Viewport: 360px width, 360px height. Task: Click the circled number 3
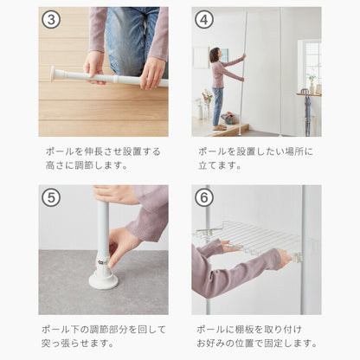tap(51, 19)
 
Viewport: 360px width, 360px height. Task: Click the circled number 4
tap(204, 19)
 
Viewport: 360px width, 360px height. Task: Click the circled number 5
tap(51, 197)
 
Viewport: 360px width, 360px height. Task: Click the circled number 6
tap(204, 197)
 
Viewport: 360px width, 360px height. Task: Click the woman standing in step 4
tap(218, 87)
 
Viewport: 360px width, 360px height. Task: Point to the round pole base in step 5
tap(103, 278)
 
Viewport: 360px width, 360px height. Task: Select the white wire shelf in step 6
tap(251, 239)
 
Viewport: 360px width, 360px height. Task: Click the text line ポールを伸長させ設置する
tap(103, 151)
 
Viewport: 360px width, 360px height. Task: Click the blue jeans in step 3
tap(130, 39)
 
